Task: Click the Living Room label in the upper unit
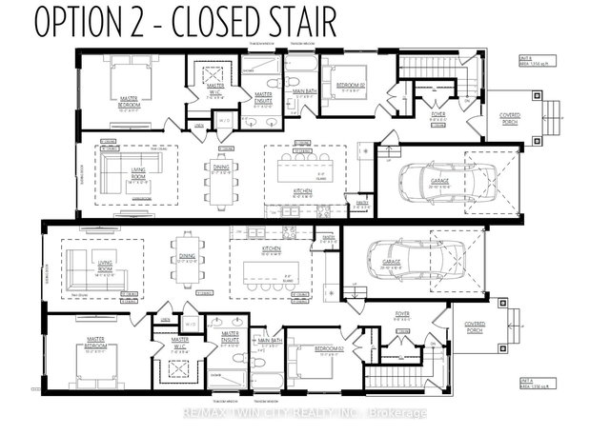[119, 172]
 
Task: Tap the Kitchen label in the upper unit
[295, 196]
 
